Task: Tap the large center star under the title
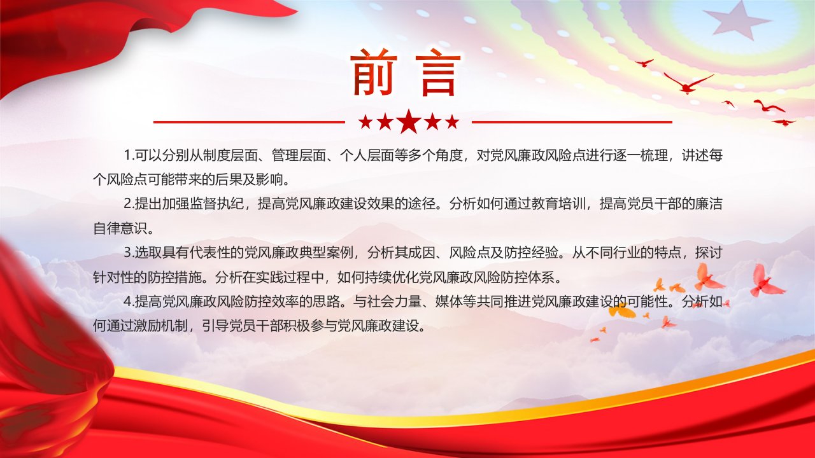point(409,121)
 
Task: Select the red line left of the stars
point(249,122)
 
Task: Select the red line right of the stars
point(572,122)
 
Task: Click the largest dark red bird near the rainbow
point(688,83)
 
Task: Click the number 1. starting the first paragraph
point(129,156)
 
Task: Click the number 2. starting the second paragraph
point(129,204)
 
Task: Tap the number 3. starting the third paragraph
point(129,253)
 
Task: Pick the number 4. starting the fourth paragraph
point(129,302)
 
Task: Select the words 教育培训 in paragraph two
point(559,204)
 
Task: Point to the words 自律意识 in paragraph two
point(120,229)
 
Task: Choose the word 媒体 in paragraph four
point(450,302)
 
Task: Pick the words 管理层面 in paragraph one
point(299,156)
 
